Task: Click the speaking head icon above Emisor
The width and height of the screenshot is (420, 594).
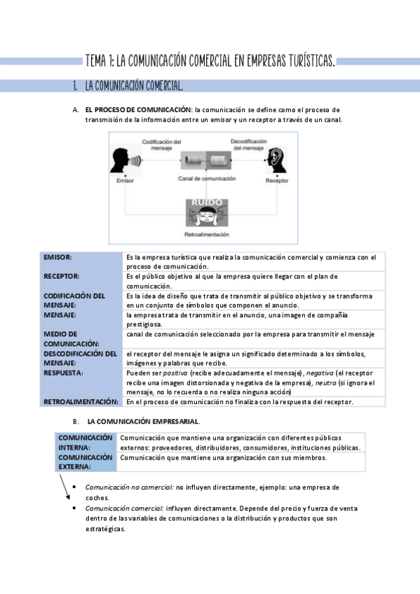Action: [x=124, y=162]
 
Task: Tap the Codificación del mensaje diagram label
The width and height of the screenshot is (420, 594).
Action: [x=162, y=144]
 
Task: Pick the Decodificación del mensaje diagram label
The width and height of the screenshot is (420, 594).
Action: [x=248, y=144]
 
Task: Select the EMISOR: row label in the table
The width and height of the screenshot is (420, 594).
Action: [x=58, y=258]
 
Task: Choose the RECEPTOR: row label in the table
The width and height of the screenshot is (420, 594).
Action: [x=62, y=277]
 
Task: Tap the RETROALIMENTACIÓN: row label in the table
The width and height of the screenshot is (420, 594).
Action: [x=81, y=402]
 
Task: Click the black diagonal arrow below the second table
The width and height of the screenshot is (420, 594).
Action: [x=65, y=488]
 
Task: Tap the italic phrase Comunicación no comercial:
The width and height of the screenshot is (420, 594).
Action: [x=129, y=486]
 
